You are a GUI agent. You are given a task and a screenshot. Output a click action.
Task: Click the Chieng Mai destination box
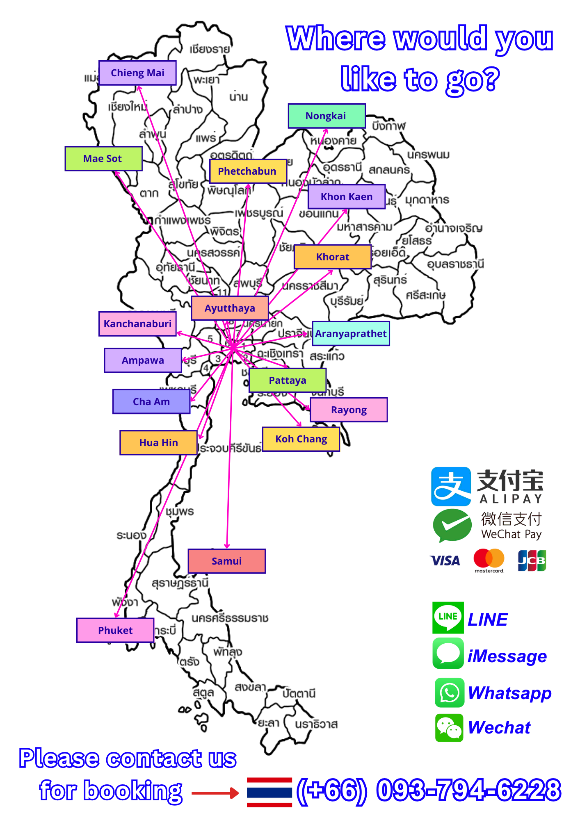click(137, 73)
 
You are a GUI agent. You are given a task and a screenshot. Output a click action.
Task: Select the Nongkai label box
click(327, 116)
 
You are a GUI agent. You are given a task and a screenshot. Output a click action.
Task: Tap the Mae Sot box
click(103, 159)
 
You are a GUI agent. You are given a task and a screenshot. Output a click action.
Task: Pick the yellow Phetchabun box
click(248, 171)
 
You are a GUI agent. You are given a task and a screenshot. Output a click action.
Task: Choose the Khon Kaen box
click(347, 197)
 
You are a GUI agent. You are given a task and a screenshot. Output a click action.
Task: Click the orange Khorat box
click(333, 257)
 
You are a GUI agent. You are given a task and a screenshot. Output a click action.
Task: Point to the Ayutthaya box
click(230, 308)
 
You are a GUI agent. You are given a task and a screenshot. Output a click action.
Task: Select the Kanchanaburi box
click(137, 324)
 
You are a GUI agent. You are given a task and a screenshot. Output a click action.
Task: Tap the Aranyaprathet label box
click(351, 334)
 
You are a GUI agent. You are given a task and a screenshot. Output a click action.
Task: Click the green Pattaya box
click(288, 380)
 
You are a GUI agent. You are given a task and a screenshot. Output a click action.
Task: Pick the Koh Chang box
click(301, 439)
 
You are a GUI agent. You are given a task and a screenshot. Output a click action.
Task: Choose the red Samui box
click(226, 561)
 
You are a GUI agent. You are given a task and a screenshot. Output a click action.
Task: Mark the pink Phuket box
click(115, 630)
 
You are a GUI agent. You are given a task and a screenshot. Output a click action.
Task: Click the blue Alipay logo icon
click(451, 486)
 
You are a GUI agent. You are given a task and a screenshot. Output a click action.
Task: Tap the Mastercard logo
click(489, 560)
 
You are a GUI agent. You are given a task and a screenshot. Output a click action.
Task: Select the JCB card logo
click(532, 560)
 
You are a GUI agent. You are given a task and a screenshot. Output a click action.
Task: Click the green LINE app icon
click(448, 617)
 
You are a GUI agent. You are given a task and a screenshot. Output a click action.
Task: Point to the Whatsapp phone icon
click(450, 692)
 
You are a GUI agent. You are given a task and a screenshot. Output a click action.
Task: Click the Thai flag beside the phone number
click(269, 792)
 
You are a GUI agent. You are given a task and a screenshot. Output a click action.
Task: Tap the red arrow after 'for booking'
click(215, 793)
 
